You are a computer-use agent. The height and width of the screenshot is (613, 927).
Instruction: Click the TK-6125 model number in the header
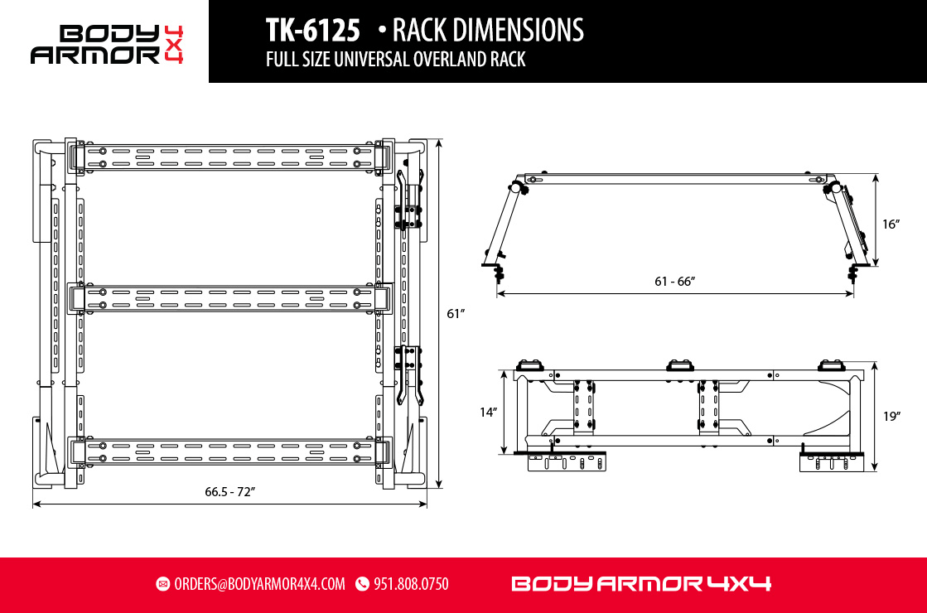click(312, 31)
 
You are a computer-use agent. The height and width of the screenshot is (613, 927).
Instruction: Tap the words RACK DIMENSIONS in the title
click(487, 31)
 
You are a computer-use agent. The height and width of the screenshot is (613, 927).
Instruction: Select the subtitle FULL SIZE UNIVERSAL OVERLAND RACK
click(395, 60)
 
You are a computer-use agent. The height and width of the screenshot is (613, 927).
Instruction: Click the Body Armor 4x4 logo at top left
click(106, 44)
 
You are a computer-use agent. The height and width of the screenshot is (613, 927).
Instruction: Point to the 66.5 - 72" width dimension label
click(229, 492)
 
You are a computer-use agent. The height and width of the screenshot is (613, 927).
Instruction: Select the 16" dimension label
click(891, 224)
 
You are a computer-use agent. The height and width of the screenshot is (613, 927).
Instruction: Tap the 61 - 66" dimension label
click(674, 281)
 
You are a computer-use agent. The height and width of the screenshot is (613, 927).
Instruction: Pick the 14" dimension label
click(488, 412)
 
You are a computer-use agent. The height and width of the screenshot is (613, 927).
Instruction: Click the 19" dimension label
click(891, 417)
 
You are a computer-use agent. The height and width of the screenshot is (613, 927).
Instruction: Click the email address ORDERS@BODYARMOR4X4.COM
click(259, 584)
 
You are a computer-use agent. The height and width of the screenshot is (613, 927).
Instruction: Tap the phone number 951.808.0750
click(411, 584)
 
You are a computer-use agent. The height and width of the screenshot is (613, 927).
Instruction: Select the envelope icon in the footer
click(163, 584)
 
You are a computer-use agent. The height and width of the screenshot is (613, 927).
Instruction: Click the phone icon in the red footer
click(362, 584)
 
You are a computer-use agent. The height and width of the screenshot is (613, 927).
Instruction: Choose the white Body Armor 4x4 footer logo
click(641, 584)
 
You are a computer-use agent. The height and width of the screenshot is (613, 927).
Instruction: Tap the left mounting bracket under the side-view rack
click(567, 462)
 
